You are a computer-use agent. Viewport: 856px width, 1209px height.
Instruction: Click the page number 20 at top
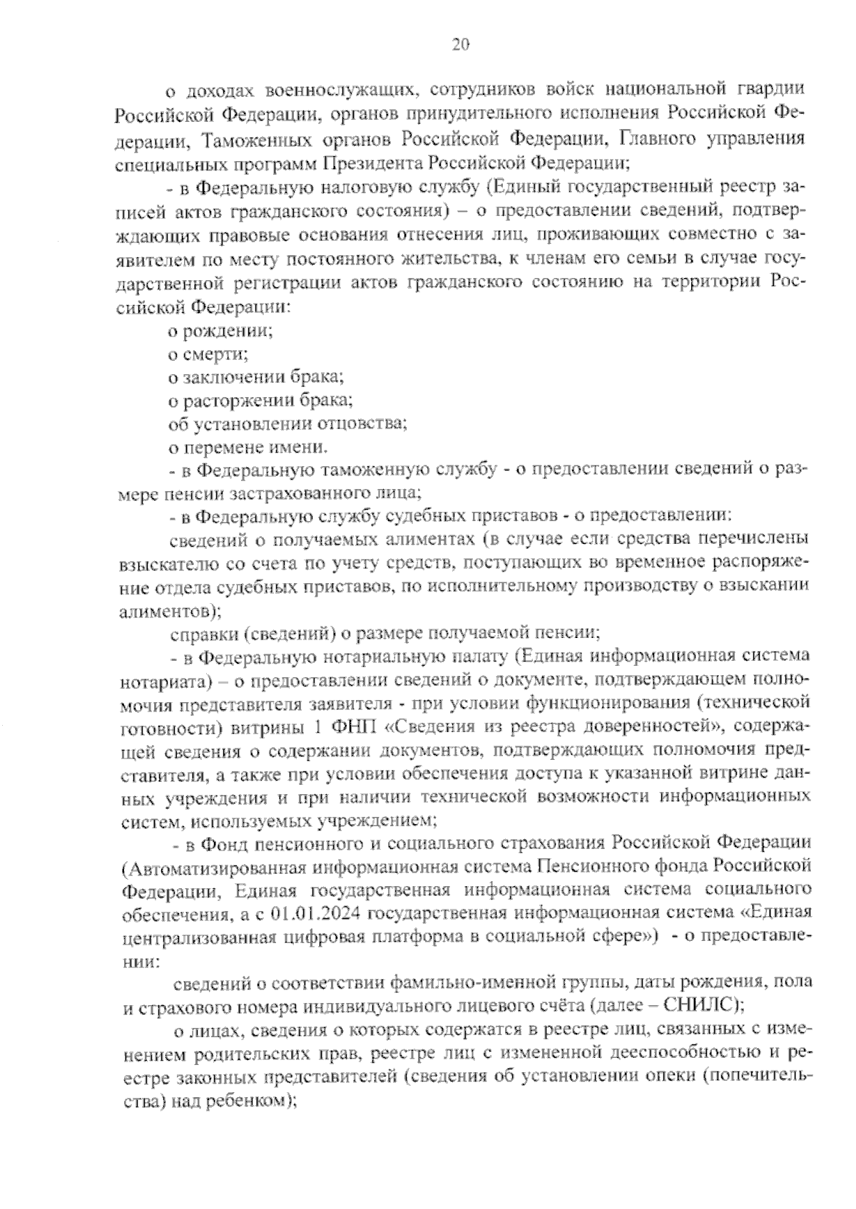pyautogui.click(x=460, y=46)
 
